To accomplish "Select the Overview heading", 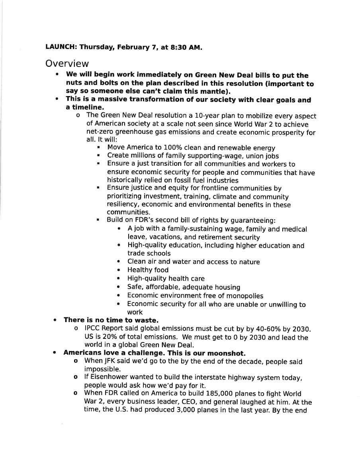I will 67,63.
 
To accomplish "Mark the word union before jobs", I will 252,156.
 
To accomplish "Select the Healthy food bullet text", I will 148,270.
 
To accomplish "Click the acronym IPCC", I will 93,329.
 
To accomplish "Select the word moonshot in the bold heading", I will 227,353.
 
